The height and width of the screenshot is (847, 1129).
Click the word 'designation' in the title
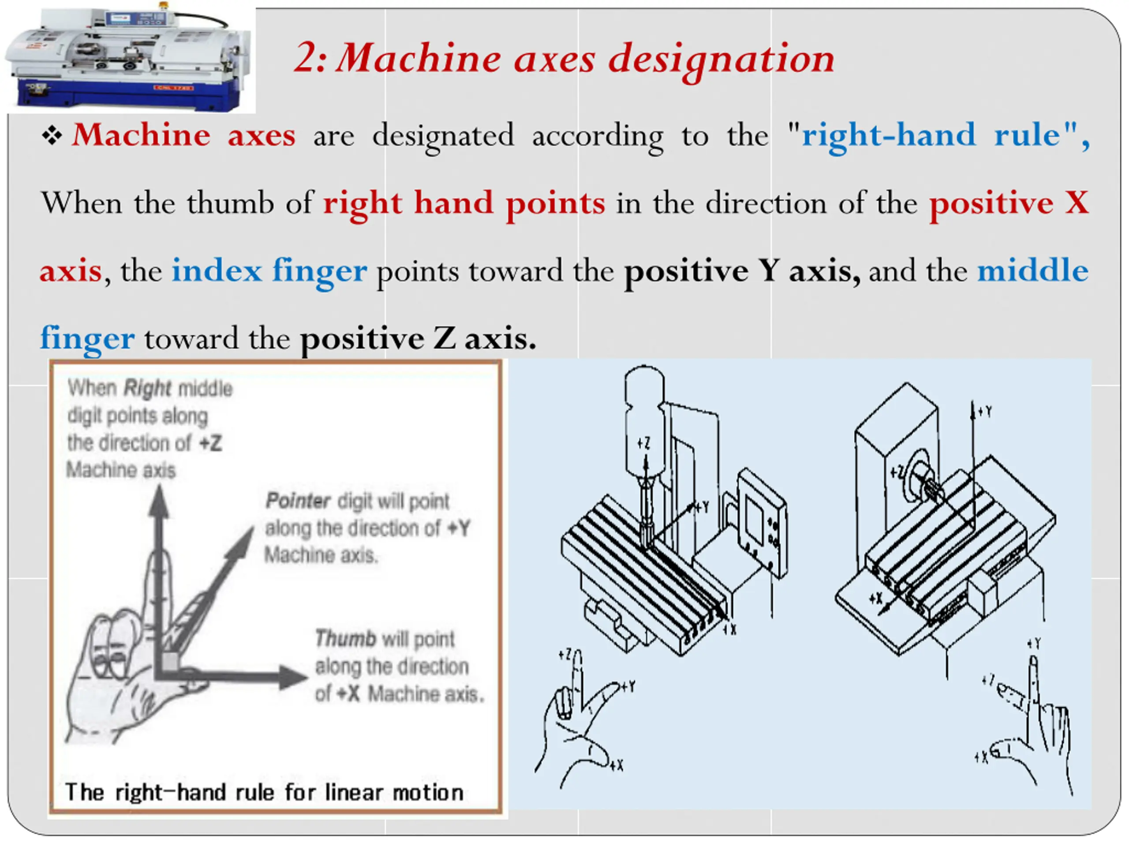722,59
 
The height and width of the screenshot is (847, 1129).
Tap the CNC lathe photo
130,59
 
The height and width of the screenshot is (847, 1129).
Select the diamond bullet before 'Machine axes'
52,136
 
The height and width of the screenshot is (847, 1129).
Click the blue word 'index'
217,270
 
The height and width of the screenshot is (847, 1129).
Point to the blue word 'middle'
1032,270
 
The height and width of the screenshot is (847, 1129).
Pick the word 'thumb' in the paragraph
230,203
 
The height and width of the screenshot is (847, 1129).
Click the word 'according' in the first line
598,136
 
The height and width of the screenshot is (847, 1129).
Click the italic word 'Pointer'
298,501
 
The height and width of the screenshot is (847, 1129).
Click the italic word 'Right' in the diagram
147,389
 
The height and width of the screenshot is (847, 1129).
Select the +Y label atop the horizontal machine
985,412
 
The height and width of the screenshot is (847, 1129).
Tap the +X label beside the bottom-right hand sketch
980,757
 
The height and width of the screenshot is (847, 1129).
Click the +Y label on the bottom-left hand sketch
629,686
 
